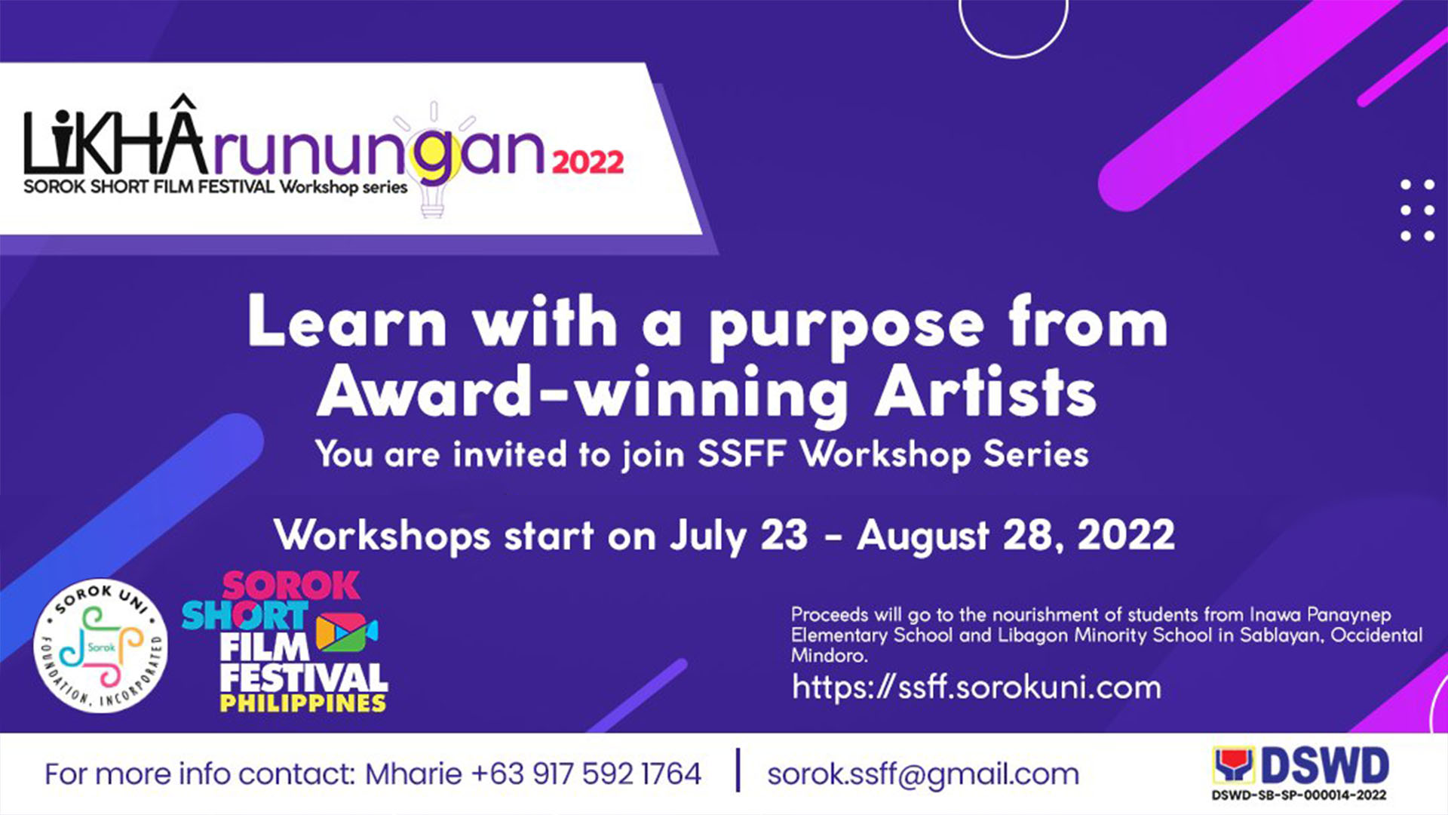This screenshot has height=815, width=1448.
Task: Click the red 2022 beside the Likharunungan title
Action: (588, 162)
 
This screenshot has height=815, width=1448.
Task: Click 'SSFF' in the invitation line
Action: (742, 454)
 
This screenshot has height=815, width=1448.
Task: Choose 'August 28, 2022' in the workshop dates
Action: (1016, 536)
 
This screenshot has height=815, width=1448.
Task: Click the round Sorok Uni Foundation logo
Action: (101, 647)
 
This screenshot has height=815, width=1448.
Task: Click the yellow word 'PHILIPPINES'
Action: (303, 703)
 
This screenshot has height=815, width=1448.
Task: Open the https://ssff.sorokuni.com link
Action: (977, 687)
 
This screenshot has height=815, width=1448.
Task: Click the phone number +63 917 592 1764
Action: (586, 774)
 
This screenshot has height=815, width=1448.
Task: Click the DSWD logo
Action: (1301, 767)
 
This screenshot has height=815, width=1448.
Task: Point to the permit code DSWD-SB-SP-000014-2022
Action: (1299, 795)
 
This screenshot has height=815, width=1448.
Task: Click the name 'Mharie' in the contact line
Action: (413, 774)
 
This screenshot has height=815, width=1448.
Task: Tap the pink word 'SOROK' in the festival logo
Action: (291, 586)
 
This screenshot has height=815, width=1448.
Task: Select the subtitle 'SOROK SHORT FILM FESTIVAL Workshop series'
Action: (216, 187)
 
